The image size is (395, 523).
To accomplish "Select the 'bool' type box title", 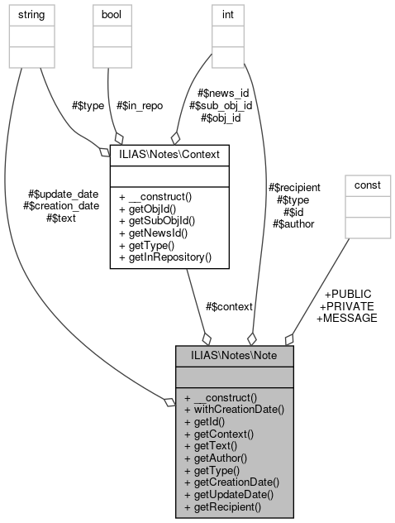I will pos(111,15).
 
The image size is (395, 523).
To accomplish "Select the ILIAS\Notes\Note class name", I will pos(234,356).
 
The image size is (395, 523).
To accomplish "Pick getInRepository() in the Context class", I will pos(165,257).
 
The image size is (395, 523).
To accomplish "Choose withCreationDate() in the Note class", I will pos(234,409).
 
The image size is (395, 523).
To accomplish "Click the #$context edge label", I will pos(230,306).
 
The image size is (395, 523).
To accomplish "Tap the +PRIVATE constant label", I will pos(347,305).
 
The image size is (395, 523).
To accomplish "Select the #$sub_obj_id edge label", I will pos(221,106).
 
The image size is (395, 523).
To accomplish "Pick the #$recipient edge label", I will pos(296,188).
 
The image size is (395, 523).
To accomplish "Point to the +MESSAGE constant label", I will pos(347,318).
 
